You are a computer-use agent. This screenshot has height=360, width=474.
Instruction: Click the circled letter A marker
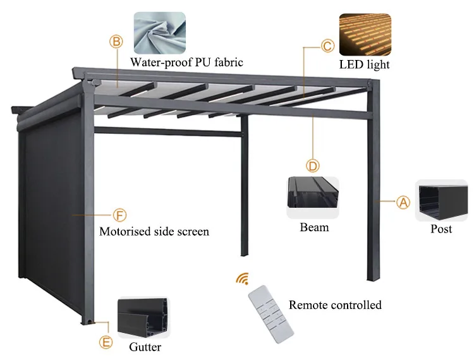point(403,202)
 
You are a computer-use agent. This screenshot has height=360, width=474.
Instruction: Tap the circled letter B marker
point(116,42)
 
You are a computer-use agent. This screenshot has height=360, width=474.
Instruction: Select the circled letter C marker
point(327,45)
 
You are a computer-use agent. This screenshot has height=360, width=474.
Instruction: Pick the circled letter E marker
point(106,342)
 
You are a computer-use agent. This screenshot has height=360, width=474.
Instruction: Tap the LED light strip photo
point(365,35)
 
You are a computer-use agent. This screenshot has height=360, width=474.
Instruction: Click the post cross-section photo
point(441,200)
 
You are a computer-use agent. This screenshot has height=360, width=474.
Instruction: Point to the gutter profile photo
point(145,318)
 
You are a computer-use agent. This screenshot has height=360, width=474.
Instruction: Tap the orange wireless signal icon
point(242,279)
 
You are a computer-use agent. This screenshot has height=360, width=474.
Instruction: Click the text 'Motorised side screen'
point(154,231)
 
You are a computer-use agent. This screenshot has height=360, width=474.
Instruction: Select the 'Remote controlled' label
point(335,305)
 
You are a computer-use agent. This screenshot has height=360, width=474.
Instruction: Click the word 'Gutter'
point(145,347)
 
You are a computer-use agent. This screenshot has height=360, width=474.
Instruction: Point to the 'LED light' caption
point(365,64)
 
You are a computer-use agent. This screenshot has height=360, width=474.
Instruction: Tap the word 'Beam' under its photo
point(314,227)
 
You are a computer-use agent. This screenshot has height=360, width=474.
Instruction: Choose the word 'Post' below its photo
point(441,229)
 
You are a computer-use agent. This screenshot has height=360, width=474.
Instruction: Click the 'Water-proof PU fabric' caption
point(186,62)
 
